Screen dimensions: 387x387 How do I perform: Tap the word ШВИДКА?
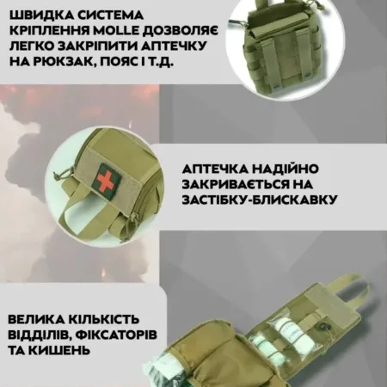39,15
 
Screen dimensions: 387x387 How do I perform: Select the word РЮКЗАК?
71,62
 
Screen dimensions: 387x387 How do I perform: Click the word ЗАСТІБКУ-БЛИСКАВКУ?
260,200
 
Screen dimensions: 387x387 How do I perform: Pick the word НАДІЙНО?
285,169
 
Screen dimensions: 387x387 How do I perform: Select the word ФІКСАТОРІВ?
117,335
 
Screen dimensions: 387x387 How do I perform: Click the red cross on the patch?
105,178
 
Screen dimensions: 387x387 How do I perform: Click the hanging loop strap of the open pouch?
352,285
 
